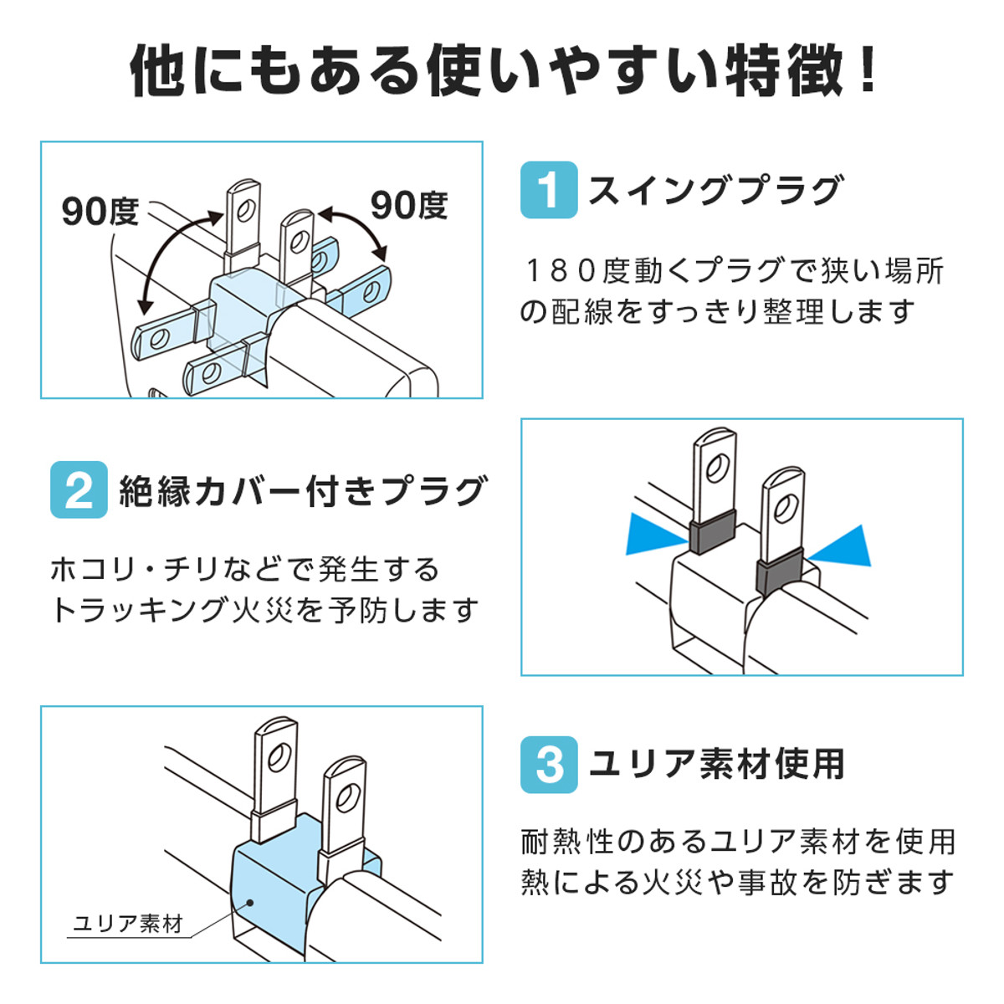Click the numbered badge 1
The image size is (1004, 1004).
point(549,190)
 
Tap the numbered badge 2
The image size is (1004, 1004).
point(79,489)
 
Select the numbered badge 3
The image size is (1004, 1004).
point(549,764)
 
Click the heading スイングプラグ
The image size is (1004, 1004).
point(715,191)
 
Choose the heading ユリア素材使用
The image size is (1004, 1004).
point(717,764)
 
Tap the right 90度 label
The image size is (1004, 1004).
point(409,205)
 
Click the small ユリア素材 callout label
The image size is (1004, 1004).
point(127,924)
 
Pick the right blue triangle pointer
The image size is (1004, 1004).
point(843,546)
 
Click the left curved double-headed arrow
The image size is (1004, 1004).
point(172,255)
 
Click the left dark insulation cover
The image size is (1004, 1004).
point(712,535)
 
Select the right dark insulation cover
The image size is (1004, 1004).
point(780,576)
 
